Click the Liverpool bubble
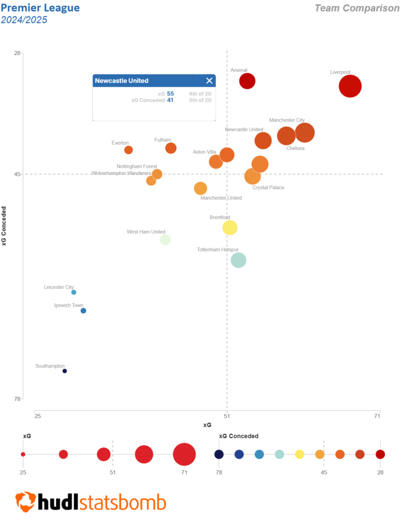click(350, 86)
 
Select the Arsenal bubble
click(247, 81)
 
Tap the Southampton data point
click(65, 371)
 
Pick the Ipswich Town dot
click(83, 311)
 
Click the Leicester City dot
click(74, 292)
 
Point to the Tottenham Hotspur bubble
click(238, 260)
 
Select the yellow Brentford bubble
click(230, 227)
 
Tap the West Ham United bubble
click(165, 240)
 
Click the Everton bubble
click(129, 150)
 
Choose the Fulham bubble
click(171, 148)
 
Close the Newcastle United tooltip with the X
click(209, 80)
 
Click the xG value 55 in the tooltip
click(170, 94)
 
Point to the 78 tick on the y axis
click(17, 398)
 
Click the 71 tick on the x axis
click(377, 416)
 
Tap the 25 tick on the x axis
click(38, 416)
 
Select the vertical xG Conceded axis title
click(5, 226)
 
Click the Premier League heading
click(40, 8)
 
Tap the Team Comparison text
click(357, 8)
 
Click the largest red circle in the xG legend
click(184, 454)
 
